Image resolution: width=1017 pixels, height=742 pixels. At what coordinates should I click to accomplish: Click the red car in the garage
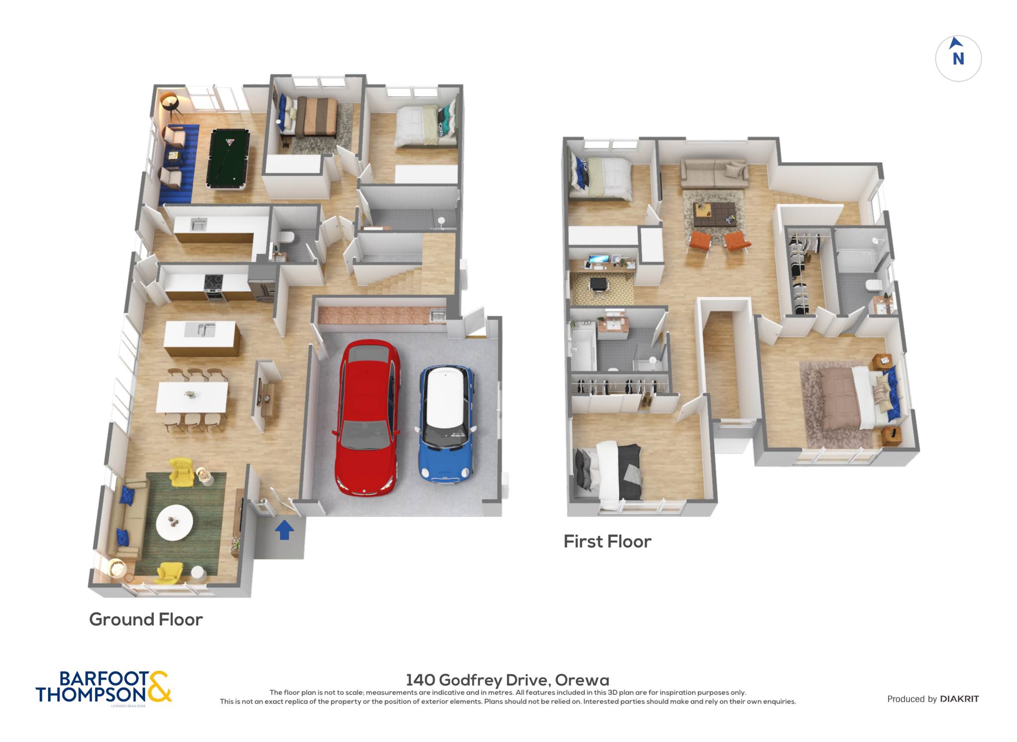coord(367,417)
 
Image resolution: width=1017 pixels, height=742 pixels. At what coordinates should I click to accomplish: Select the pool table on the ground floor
coord(228,159)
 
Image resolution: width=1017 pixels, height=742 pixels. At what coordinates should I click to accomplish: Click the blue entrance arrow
coord(284,529)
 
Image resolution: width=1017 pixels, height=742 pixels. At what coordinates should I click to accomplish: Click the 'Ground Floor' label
coord(146,619)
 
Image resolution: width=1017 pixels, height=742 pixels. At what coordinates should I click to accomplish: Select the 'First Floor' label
coord(607,541)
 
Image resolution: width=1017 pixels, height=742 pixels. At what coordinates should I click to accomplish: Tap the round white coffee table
coord(174,522)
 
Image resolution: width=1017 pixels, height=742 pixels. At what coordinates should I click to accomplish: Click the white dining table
coord(192,396)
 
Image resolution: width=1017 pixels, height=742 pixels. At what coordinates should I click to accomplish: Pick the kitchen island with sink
coord(202,338)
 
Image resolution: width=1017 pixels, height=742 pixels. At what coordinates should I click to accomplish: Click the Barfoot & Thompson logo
coord(103,687)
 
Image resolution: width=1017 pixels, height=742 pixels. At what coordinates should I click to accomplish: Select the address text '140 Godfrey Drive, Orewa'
coord(508,679)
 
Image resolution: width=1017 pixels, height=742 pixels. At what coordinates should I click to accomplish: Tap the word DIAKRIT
coord(959,699)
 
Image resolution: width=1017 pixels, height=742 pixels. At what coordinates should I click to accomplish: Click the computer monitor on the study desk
coord(598,259)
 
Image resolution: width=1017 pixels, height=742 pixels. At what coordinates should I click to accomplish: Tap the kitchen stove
coord(214,287)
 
